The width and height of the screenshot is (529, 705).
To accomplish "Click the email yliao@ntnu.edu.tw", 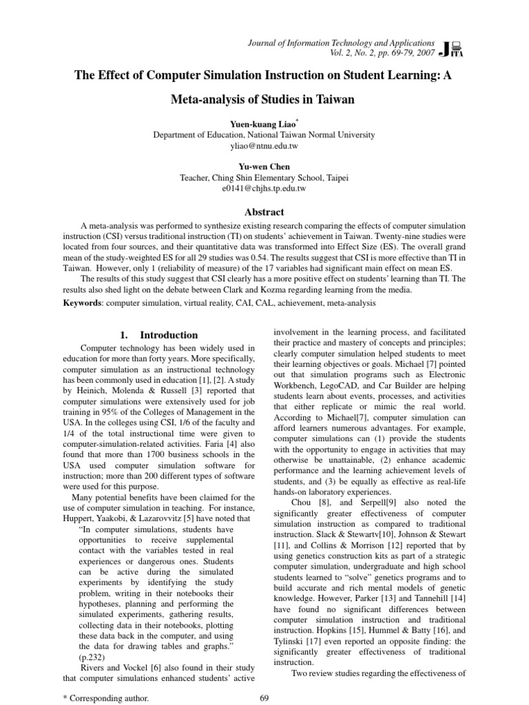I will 264,147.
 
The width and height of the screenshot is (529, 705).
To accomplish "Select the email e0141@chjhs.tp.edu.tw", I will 264,188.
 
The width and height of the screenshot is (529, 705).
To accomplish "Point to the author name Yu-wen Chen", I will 264,166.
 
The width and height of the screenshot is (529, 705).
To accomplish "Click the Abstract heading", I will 264,212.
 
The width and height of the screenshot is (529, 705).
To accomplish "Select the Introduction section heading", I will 169,335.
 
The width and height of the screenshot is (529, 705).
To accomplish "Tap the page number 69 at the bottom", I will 264,697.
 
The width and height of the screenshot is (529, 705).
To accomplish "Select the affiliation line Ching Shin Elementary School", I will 264,178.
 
